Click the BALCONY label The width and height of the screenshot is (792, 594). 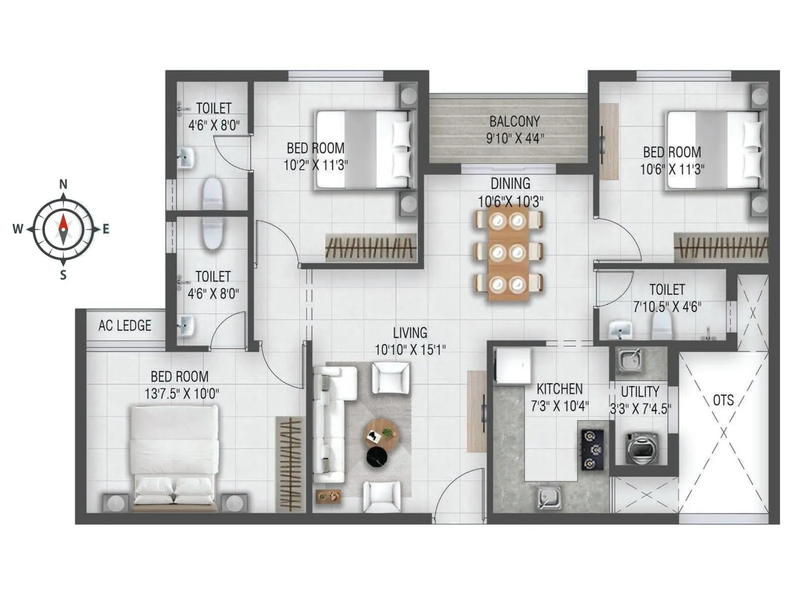[x=514, y=121]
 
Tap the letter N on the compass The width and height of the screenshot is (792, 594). [x=63, y=185]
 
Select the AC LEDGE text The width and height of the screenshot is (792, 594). [x=125, y=326]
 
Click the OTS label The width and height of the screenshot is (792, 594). [x=723, y=400]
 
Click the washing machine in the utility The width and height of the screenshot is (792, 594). [x=642, y=448]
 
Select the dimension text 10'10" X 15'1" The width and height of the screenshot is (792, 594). [x=410, y=350]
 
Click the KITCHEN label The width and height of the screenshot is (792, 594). [x=559, y=389]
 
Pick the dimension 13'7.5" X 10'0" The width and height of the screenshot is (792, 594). [x=182, y=394]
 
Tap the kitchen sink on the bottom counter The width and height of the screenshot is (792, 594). [x=549, y=497]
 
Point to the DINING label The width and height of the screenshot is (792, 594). [x=510, y=184]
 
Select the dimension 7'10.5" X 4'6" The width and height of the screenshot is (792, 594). [x=667, y=307]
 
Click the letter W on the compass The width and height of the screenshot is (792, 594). [x=18, y=229]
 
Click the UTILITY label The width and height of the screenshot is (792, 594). [x=640, y=392]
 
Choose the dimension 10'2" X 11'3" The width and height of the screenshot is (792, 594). [x=315, y=165]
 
